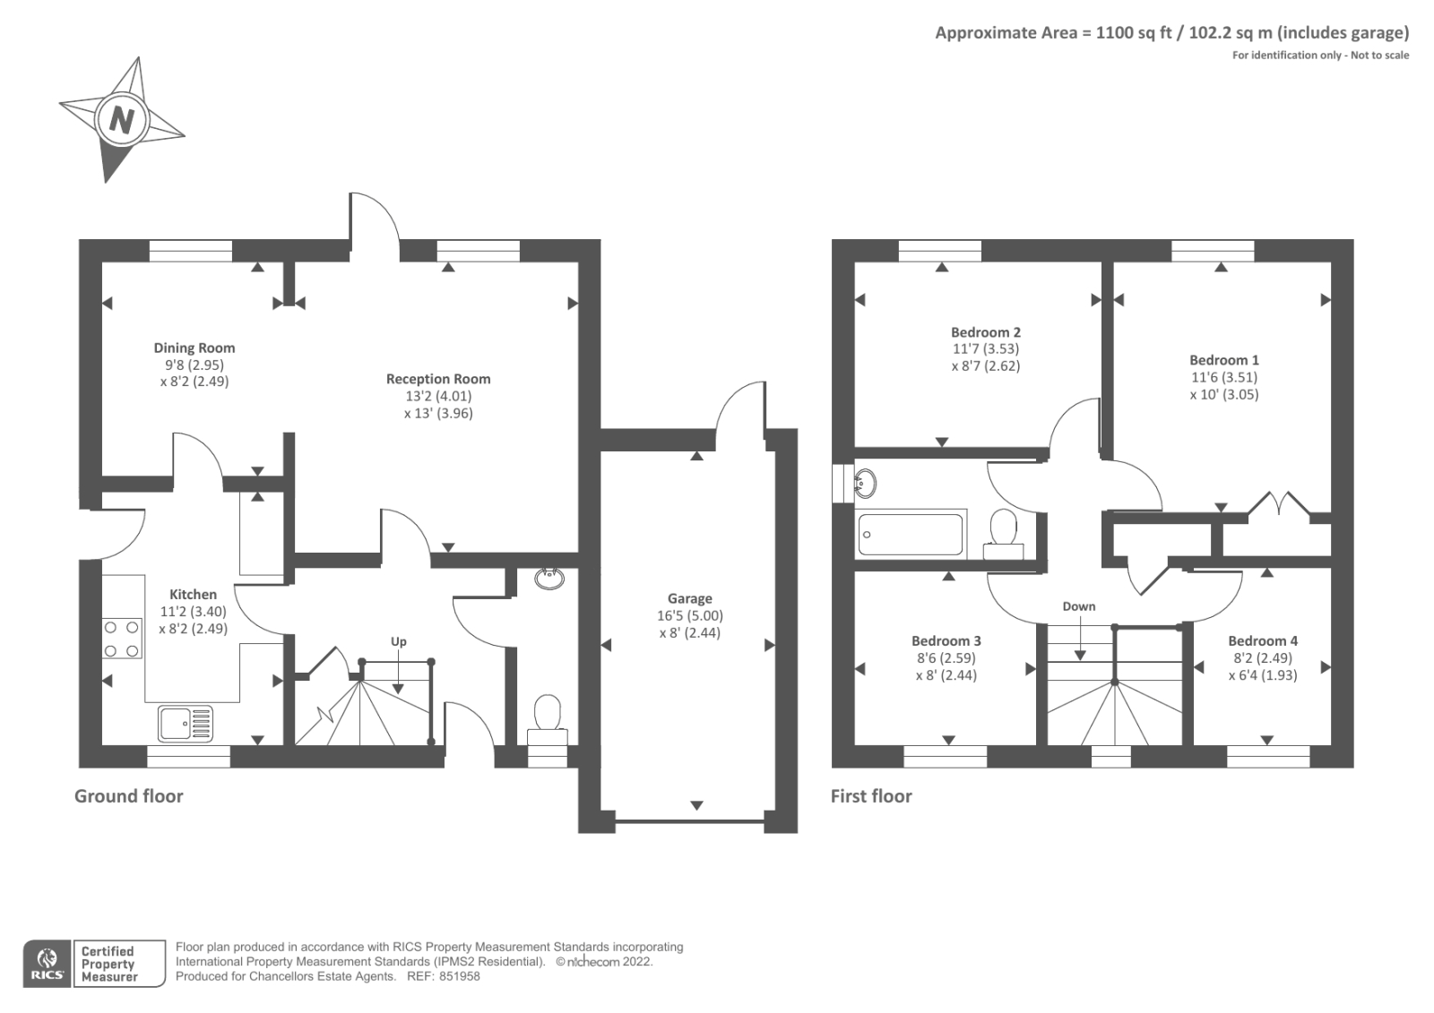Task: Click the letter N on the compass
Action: click(x=122, y=119)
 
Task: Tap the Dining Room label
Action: click(x=194, y=348)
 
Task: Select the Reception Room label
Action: click(x=438, y=379)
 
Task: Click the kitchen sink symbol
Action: click(x=186, y=723)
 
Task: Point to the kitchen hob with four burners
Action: click(x=122, y=639)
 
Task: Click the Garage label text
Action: click(x=689, y=598)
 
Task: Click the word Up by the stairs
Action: click(x=398, y=641)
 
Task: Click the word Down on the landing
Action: click(x=1078, y=606)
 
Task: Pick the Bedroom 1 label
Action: click(x=1223, y=360)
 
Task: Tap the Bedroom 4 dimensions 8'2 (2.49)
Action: click(x=1262, y=657)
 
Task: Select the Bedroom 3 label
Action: click(x=946, y=640)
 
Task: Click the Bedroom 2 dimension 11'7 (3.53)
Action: click(x=985, y=348)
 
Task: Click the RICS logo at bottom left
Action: click(x=48, y=964)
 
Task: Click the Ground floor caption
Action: click(x=128, y=795)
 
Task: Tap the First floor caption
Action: click(x=870, y=795)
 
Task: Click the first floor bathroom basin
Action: click(x=865, y=484)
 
